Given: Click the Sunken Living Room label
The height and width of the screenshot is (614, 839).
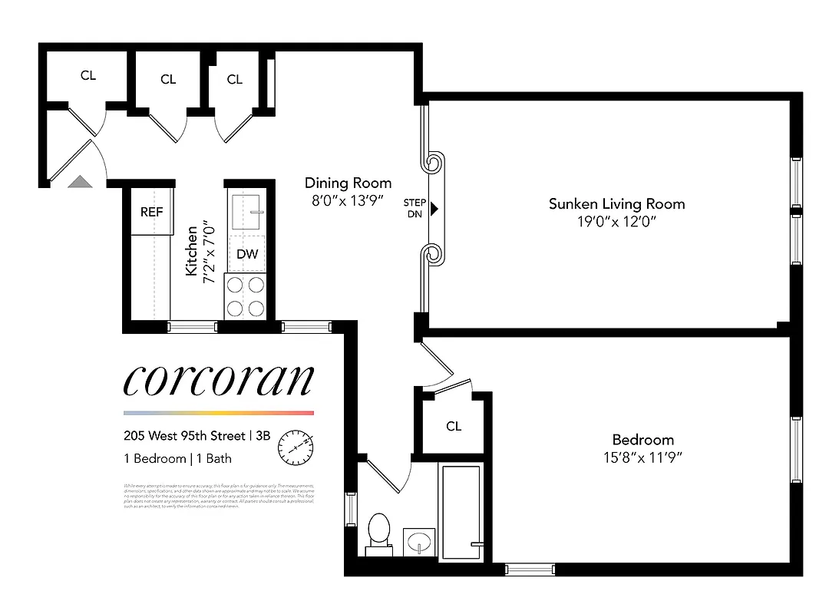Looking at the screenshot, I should tap(616, 204).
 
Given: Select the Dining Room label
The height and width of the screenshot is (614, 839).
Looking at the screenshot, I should tap(348, 183).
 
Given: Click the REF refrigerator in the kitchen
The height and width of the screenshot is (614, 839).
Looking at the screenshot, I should tap(151, 211).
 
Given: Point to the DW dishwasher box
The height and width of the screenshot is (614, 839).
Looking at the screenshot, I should tap(247, 255).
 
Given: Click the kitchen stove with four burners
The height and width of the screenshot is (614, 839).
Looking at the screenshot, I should tap(245, 296).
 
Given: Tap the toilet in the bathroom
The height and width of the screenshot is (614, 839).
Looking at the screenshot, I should tap(378, 531).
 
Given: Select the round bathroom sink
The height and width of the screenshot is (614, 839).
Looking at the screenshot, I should tap(418, 540).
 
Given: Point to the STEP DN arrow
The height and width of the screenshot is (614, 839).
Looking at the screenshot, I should tap(434, 208).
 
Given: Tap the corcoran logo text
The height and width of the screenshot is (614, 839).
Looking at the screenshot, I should tap(219, 380).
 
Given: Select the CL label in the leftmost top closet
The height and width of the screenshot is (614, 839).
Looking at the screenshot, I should tap(88, 76).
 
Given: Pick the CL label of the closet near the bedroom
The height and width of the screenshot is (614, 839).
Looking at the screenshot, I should tap(454, 427).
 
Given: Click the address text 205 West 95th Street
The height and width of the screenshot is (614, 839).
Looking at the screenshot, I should tap(183, 436).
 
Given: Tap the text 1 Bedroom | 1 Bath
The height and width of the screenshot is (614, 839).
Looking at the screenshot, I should tap(177, 459).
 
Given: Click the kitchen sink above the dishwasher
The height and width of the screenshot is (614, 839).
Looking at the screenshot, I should tap(247, 208).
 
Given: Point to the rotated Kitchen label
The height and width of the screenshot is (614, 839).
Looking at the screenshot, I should tap(191, 249).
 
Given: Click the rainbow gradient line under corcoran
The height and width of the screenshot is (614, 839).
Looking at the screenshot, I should tap(219, 413).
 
